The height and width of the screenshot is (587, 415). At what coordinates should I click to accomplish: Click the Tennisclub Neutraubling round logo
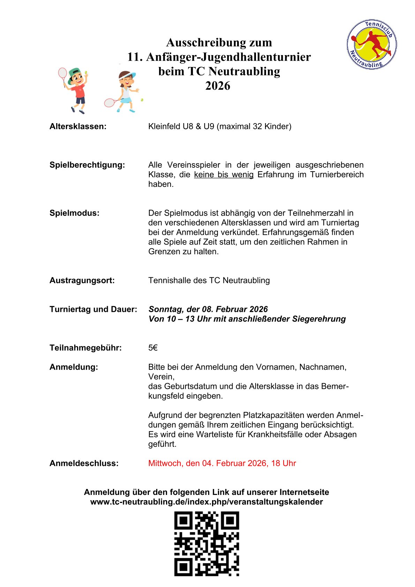371,44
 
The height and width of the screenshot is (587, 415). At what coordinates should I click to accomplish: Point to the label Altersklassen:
78,126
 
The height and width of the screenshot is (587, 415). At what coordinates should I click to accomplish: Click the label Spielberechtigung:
87,165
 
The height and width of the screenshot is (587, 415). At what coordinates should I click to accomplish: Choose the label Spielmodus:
74,213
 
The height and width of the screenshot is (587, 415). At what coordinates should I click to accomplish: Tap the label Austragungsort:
82,280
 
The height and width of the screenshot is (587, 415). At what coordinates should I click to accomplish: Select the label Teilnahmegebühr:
85,348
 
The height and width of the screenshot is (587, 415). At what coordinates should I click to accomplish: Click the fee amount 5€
153,348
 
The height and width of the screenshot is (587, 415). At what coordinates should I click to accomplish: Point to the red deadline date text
222,463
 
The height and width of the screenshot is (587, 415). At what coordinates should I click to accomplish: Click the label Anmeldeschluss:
84,463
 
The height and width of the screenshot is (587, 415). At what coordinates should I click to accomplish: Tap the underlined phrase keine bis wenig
224,174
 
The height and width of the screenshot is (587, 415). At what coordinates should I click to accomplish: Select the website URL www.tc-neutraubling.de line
206,502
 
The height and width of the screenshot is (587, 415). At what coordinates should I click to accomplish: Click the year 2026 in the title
218,86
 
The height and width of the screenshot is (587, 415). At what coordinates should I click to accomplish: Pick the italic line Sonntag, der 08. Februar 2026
208,309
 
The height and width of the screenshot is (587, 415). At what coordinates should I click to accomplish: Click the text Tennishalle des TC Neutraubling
209,280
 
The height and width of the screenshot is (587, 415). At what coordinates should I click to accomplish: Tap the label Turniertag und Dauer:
93,309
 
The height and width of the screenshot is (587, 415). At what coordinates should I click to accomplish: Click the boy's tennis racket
63,74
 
